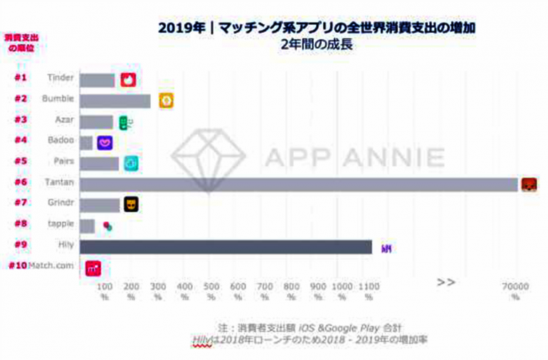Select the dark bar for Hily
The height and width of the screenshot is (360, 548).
pos(226,247)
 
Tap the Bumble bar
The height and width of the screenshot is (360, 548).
pos(115,101)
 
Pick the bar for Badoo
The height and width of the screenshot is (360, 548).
pos(86,143)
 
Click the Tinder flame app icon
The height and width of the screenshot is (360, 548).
pos(129,80)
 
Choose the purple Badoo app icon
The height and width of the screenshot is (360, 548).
pos(105,143)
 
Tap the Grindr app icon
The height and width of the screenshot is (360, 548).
pos(131,205)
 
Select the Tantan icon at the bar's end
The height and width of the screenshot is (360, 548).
pos(529,185)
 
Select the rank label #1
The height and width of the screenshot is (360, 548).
pos(21,78)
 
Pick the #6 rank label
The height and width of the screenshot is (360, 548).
pos(21,182)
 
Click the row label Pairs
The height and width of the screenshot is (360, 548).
pos(62,162)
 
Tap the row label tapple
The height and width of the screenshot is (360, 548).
pos(60,224)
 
